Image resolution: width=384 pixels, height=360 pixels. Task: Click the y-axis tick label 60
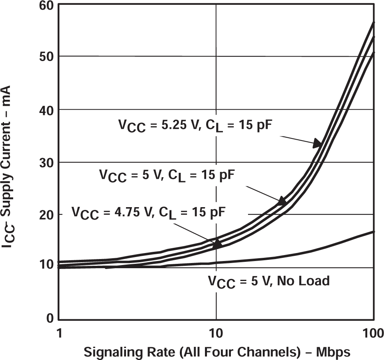tap(47, 5)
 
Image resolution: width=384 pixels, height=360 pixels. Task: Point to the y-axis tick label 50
tap(47, 56)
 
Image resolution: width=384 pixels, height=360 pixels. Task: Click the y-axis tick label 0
tap(50, 318)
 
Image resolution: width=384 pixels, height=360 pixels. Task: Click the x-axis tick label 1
tap(59, 332)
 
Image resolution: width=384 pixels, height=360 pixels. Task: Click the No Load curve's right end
tap(373, 231)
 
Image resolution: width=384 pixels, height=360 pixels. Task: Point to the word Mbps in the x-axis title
tap(333, 352)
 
